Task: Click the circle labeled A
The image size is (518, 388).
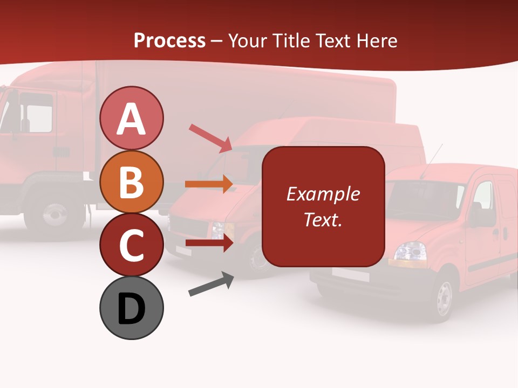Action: tap(132, 118)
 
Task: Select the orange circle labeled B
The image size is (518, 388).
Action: tap(132, 182)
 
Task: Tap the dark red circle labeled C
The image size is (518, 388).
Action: tap(132, 245)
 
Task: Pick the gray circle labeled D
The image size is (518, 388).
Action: tap(132, 308)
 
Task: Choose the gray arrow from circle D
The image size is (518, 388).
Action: tap(211, 284)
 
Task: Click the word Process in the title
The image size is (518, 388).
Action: tap(169, 40)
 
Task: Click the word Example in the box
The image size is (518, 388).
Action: tap(323, 194)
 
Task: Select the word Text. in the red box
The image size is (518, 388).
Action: tap(323, 219)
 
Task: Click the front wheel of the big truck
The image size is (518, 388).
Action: tap(54, 214)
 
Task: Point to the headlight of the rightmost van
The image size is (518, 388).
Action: tap(410, 251)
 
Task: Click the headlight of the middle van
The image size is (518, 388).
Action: tap(219, 230)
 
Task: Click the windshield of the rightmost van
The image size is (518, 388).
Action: tap(424, 199)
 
